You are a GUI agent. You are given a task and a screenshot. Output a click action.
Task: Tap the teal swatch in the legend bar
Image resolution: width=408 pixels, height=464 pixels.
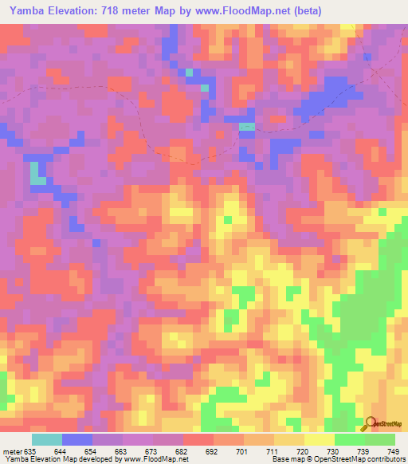[47, 439]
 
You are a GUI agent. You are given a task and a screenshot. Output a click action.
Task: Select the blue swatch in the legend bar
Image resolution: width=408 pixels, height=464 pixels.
[77, 439]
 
